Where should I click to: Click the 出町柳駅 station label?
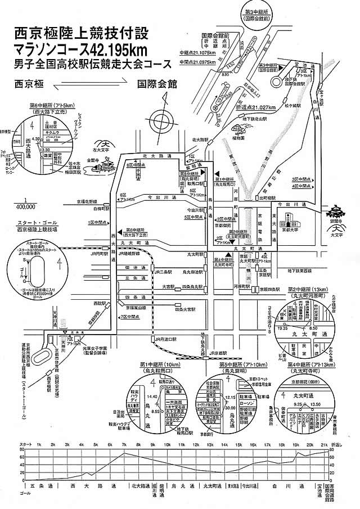[x=268, y=198]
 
